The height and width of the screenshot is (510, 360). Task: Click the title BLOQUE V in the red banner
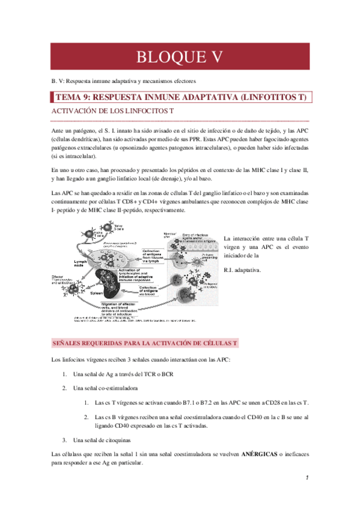(180, 57)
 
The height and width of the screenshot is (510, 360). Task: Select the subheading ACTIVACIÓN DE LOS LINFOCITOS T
(110, 112)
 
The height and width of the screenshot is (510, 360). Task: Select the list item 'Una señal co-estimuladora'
(108, 388)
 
